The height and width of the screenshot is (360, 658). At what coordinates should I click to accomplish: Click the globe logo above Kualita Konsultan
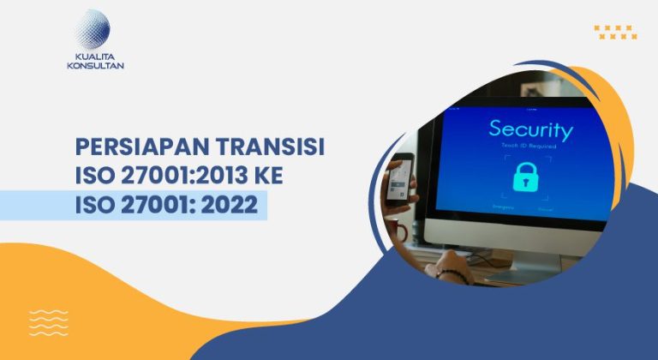(x=92, y=29)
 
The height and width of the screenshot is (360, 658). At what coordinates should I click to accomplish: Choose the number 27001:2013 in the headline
(x=184, y=177)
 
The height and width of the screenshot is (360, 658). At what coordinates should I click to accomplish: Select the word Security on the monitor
(x=529, y=131)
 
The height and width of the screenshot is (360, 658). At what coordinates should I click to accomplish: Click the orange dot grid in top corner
(x=615, y=32)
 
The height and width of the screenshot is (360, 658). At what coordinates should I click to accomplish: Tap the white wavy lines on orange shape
(x=49, y=321)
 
